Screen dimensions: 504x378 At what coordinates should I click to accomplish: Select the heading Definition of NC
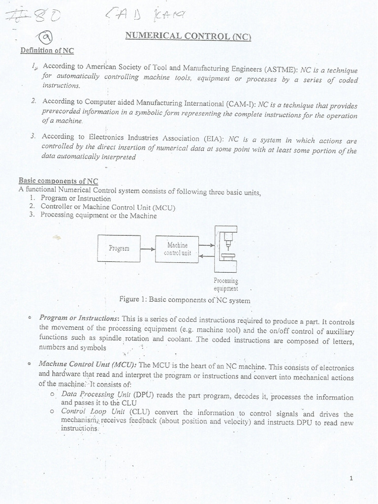point(47,50)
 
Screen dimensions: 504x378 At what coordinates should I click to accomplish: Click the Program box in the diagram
point(119,248)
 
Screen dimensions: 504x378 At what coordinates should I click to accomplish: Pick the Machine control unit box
point(177,248)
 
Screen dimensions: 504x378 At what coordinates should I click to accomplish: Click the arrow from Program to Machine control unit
point(148,249)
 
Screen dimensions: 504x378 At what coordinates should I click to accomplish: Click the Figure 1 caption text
point(185,300)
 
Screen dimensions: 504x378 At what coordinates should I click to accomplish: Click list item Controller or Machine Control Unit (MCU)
point(108,207)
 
